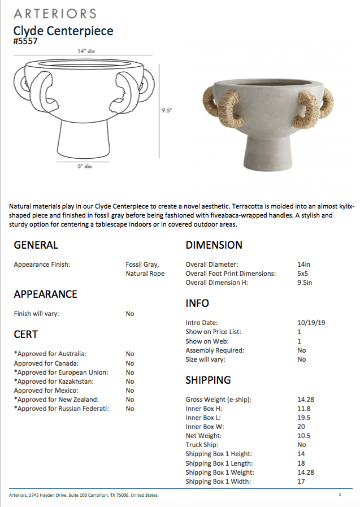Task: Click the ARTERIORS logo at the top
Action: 55,14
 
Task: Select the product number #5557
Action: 27,41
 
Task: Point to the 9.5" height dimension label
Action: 166,111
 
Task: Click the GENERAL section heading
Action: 36,245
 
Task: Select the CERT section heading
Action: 25,335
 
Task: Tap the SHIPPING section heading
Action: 208,380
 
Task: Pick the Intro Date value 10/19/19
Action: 311,323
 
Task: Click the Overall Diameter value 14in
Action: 303,265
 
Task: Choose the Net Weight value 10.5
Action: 303,436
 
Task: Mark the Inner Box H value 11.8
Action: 303,409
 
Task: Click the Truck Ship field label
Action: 202,445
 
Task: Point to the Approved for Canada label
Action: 46,363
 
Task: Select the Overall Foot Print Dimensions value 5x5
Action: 303,274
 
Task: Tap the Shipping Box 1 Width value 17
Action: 301,482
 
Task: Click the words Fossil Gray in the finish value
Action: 142,265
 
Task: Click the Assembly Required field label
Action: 215,350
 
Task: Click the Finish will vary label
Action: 36,314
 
